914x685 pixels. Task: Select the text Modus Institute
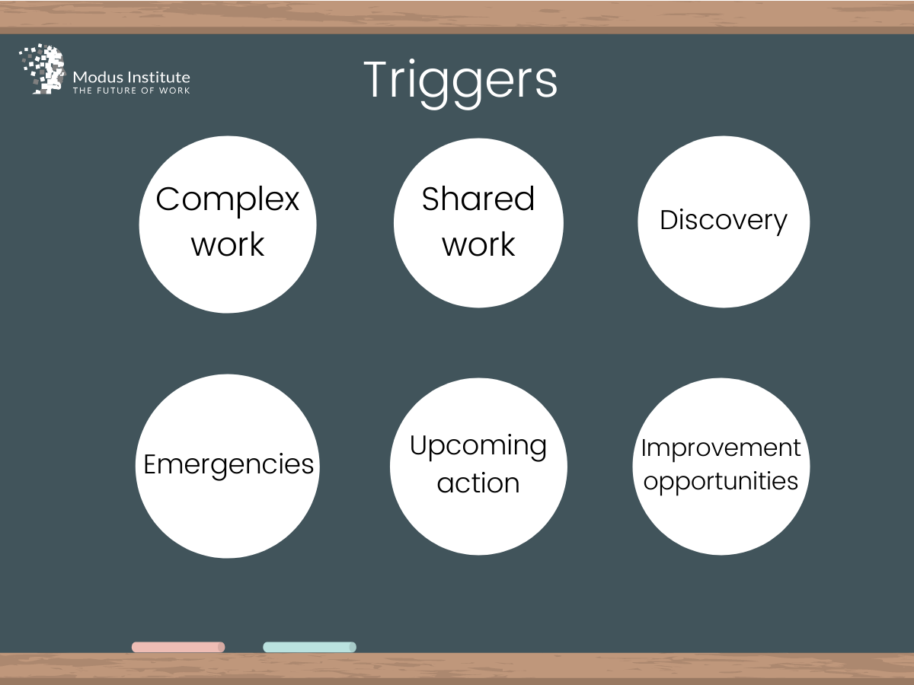pos(131,77)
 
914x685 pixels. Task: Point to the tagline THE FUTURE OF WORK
pos(131,91)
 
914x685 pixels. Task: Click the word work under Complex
pos(228,244)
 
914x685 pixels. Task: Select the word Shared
pos(478,199)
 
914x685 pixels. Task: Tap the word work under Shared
pos(478,244)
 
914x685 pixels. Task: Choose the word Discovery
pos(723,221)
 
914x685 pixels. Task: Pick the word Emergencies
pos(228,464)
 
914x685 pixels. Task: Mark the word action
pos(478,483)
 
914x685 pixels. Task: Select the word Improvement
pos(721,449)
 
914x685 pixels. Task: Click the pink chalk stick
pos(178,647)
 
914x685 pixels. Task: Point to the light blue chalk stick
pos(309,647)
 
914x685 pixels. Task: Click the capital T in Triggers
pos(376,80)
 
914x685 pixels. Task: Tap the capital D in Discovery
pos(668,221)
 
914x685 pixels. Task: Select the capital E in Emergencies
pos(150,464)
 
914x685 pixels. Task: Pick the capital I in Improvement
pos(644,448)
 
